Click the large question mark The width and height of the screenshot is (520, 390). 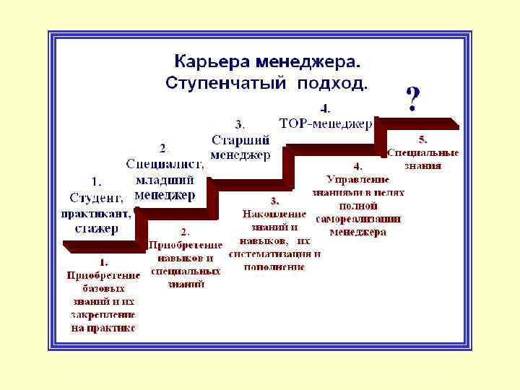[412, 100]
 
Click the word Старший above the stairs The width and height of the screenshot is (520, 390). [241, 139]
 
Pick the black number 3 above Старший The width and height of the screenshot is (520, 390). [239, 123]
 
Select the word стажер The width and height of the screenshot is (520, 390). [97, 228]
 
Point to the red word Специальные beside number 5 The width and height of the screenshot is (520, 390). [423, 152]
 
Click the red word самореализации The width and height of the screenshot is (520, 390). [358, 219]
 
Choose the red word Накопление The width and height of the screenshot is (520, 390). [274, 214]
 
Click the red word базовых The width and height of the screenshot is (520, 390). [103, 288]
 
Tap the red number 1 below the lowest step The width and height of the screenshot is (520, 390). [103, 261]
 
